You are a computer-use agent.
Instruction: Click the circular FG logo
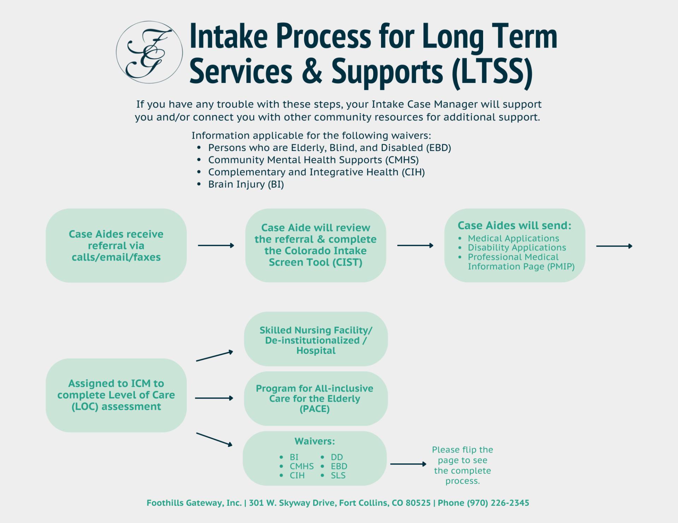click(149, 52)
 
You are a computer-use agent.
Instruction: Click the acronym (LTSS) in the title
click(492, 72)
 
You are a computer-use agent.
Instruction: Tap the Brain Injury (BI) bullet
click(246, 184)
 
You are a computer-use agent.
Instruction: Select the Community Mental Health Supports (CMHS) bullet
click(313, 160)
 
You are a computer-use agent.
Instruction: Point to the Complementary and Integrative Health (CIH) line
click(316, 172)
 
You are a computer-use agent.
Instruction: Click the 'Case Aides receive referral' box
click(116, 245)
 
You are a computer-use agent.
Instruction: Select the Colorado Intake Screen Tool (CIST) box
click(315, 245)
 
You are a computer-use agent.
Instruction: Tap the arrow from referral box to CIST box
click(216, 245)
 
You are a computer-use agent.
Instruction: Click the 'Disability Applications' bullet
click(517, 248)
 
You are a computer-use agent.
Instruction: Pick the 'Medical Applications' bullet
click(513, 238)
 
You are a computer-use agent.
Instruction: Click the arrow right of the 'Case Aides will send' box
click(614, 246)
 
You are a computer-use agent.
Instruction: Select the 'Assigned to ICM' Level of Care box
click(116, 395)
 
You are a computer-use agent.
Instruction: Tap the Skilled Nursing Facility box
click(316, 340)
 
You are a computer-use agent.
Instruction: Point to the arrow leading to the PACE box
click(214, 398)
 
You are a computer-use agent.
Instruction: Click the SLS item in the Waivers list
click(338, 475)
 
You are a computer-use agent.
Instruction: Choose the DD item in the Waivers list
click(337, 457)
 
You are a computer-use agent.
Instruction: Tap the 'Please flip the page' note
click(462, 465)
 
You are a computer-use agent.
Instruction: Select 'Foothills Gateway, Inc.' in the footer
click(194, 503)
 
